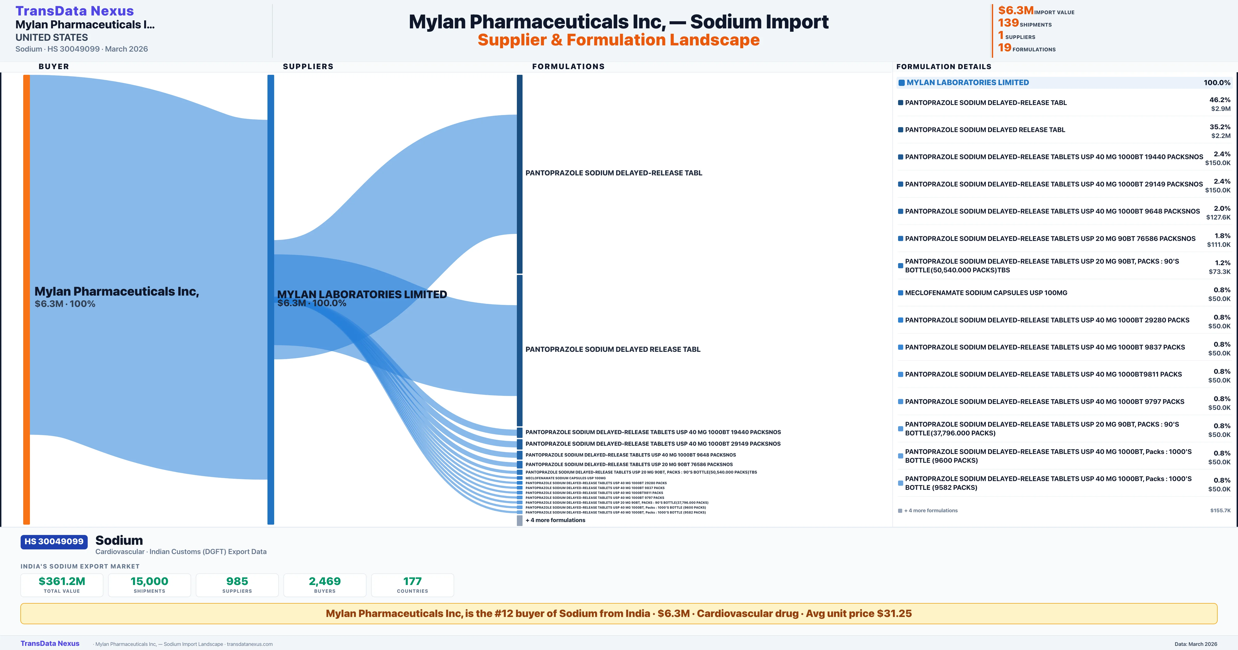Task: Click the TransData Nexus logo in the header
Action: pos(75,11)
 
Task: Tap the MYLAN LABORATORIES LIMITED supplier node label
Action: pos(362,294)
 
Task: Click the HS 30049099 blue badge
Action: pos(54,541)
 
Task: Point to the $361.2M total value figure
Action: pos(62,581)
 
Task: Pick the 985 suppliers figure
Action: pos(237,581)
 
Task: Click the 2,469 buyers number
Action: pos(325,581)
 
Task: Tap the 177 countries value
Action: pos(412,581)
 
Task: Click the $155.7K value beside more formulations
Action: pos(1220,510)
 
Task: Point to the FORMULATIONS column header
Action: pos(568,66)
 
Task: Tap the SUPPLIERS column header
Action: pos(308,66)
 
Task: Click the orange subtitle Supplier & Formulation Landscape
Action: pos(618,40)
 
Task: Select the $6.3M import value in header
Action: pos(1015,10)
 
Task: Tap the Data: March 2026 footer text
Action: pos(1196,644)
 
